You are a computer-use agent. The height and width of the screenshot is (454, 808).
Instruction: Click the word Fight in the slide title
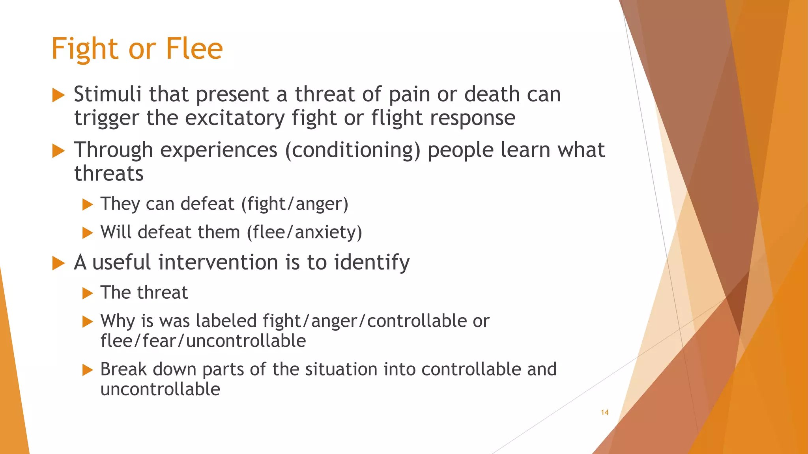(x=84, y=49)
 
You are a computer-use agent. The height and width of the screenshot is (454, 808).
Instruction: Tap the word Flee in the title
(x=194, y=49)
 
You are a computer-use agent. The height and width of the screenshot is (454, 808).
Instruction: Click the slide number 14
(x=604, y=412)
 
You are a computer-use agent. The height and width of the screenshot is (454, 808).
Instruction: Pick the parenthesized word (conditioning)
(x=353, y=151)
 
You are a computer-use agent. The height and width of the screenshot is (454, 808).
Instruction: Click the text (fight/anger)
(x=295, y=204)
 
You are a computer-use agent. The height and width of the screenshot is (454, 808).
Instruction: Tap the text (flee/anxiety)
(x=304, y=232)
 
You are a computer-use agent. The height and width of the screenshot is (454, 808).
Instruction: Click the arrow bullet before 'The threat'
(x=87, y=293)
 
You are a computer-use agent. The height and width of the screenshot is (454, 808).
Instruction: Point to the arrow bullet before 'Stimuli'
(x=58, y=95)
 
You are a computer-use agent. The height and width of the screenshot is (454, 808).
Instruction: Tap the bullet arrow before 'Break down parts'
(x=87, y=370)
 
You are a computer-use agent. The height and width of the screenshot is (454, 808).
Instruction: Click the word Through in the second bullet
(x=114, y=151)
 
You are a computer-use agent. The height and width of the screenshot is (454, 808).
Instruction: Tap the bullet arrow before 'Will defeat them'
(x=87, y=233)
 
